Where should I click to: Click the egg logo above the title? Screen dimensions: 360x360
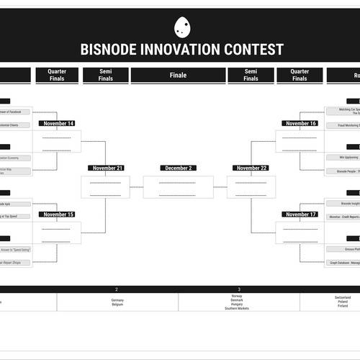182,27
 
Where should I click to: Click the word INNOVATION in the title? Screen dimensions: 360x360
182,50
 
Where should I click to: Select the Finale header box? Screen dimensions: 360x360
178,75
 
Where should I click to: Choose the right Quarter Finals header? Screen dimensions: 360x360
300,75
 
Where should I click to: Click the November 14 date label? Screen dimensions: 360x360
58,124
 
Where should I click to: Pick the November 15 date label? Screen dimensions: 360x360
58,215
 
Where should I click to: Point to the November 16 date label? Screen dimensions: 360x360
301,124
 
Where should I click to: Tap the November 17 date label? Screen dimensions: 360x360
301,215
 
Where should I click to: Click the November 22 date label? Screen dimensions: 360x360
251,168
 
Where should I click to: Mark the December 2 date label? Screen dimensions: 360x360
178,168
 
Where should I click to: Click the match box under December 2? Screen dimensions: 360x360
178,187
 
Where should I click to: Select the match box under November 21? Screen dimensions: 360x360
105,187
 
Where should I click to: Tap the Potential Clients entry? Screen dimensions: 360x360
16,125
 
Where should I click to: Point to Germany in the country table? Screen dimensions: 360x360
117,300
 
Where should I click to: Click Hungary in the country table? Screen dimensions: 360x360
238,304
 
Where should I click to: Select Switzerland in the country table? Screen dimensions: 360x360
343,296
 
